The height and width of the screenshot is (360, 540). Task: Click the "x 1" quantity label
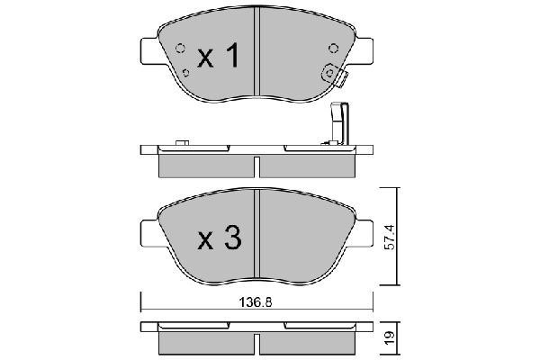click(x=219, y=55)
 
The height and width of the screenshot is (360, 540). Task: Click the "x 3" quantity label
click(x=220, y=237)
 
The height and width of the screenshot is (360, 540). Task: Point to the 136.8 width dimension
click(x=256, y=302)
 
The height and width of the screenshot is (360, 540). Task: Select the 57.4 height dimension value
click(x=390, y=237)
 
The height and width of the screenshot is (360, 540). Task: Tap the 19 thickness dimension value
click(x=390, y=338)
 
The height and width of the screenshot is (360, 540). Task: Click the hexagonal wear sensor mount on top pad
click(x=329, y=73)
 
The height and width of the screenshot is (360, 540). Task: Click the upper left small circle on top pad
click(x=180, y=49)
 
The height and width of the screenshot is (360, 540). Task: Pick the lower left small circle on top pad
click(x=186, y=73)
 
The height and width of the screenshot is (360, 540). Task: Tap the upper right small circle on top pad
click(x=333, y=49)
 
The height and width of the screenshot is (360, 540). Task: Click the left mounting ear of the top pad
click(x=149, y=50)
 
